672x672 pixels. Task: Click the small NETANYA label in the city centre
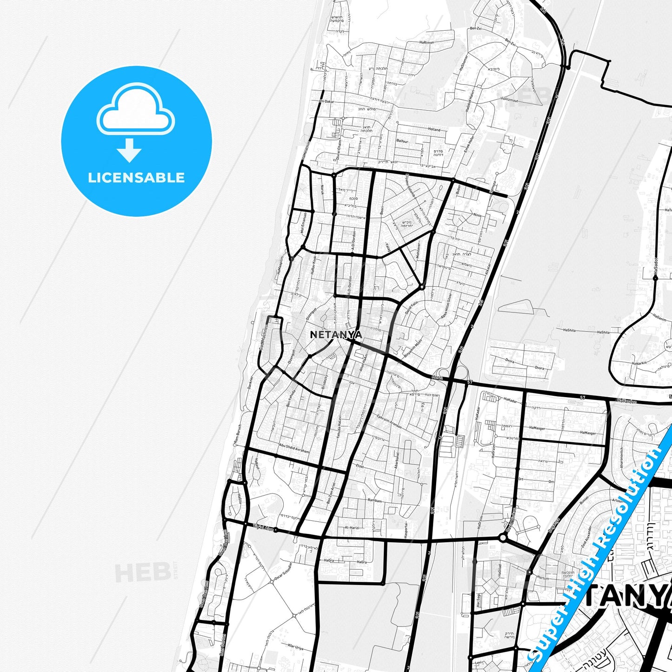(336, 334)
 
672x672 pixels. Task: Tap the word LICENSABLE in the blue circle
(136, 178)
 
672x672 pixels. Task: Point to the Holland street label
(434, 130)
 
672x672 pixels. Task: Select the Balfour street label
(402, 140)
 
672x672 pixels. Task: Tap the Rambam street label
(375, 501)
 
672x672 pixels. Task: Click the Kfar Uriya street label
(296, 648)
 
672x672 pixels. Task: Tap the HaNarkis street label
(639, 363)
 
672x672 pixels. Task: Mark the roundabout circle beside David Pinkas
(502, 538)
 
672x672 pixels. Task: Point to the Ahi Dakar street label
(326, 101)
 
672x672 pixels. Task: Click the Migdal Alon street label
(263, 527)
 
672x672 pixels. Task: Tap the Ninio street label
(477, 215)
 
